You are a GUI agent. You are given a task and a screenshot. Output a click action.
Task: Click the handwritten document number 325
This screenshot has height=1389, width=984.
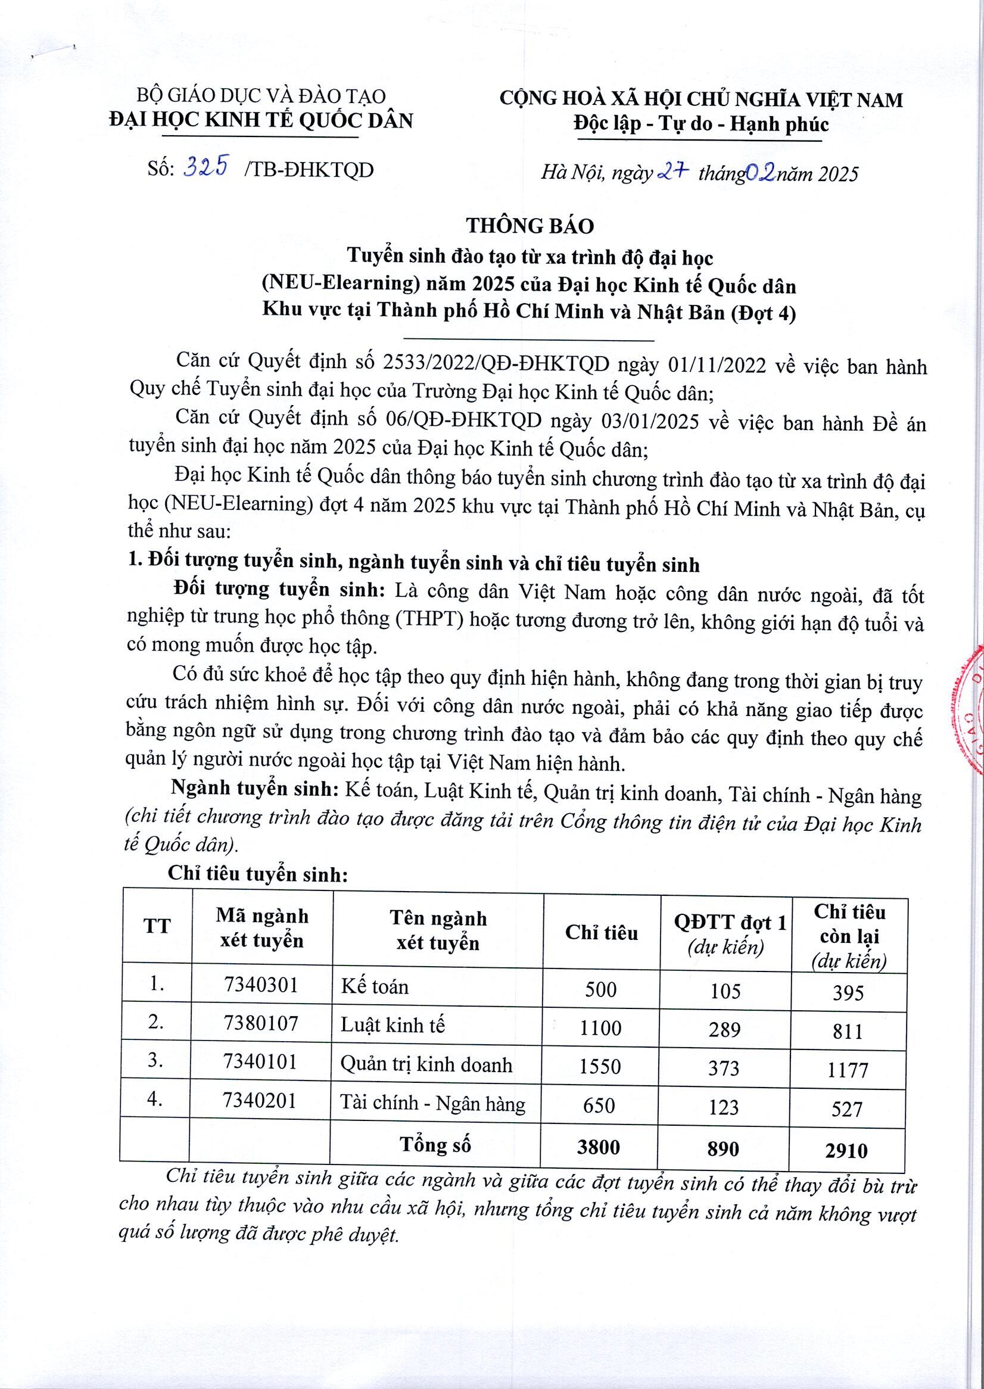[x=207, y=167]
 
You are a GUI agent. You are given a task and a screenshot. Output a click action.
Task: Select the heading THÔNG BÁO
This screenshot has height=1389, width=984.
[x=530, y=225]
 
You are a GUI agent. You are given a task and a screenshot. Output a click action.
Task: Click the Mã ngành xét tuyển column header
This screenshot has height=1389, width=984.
[x=261, y=928]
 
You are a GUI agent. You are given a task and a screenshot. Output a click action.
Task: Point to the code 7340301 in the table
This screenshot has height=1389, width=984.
[x=261, y=986]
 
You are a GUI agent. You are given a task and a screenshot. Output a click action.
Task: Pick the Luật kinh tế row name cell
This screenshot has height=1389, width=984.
[x=393, y=1025]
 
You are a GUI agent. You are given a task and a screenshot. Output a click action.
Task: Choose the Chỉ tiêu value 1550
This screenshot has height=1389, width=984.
[x=600, y=1066]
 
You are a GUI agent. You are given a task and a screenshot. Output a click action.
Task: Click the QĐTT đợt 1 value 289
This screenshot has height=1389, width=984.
[x=724, y=1028]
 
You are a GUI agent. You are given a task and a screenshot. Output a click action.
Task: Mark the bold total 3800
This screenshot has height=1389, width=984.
[x=599, y=1147]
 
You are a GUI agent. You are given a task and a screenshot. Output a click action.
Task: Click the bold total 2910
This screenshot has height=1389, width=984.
[x=846, y=1150]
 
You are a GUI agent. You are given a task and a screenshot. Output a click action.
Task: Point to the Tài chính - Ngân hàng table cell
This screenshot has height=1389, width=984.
[x=432, y=1104]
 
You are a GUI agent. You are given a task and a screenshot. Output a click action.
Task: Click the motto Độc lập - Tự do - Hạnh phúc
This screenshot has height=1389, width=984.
[x=701, y=124]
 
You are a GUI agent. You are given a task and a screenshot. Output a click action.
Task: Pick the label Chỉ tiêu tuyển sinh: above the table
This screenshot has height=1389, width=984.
[x=257, y=874]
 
